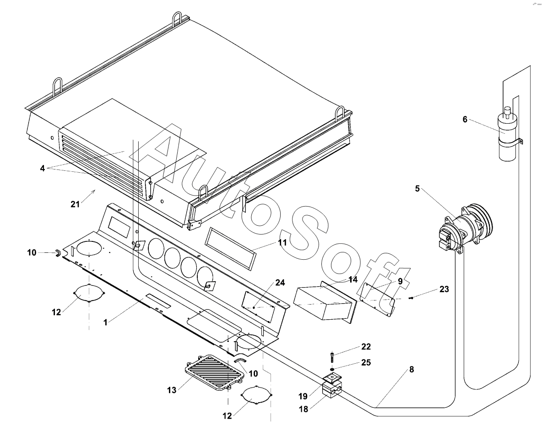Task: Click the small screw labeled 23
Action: pos(411,298)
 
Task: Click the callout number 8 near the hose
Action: pos(412,370)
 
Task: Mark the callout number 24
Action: pos(280,283)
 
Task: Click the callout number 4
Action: pos(42,168)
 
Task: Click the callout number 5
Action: pos(417,188)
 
